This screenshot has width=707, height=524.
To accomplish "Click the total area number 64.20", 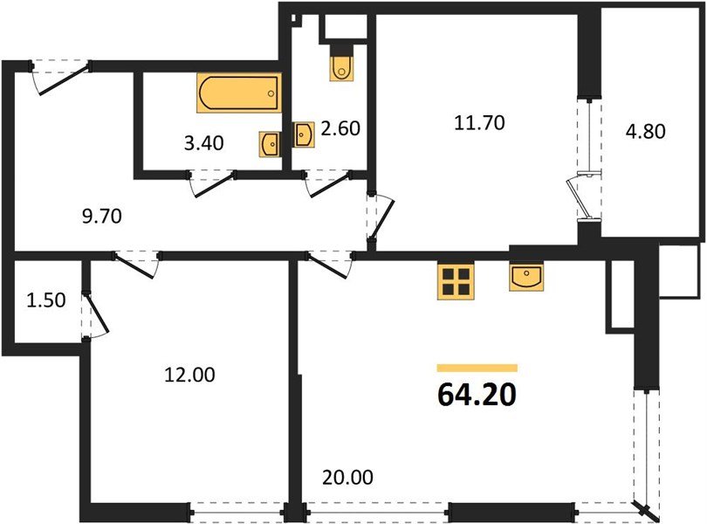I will pos(477,394).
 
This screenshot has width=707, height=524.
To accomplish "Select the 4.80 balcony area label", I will pos(646,133).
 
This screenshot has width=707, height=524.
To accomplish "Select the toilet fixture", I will pos(342,65).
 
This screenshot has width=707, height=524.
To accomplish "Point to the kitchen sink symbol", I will pos(527,277).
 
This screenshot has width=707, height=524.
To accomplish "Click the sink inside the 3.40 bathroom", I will pos(269,143).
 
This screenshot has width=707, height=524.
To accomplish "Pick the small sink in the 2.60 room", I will pos(305,134).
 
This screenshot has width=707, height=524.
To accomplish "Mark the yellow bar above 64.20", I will pos(477,369).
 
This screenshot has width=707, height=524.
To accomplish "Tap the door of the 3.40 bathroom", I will pos(214,183).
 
